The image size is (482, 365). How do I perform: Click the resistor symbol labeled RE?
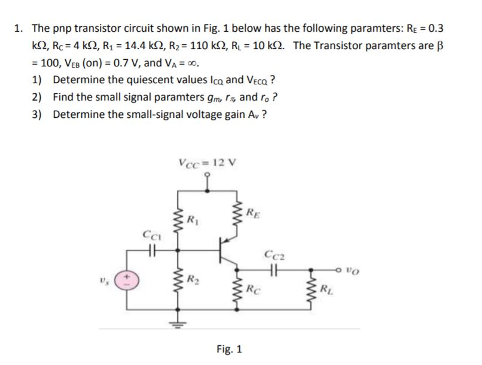point(243,213)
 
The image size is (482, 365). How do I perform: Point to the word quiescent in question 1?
point(127,80)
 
